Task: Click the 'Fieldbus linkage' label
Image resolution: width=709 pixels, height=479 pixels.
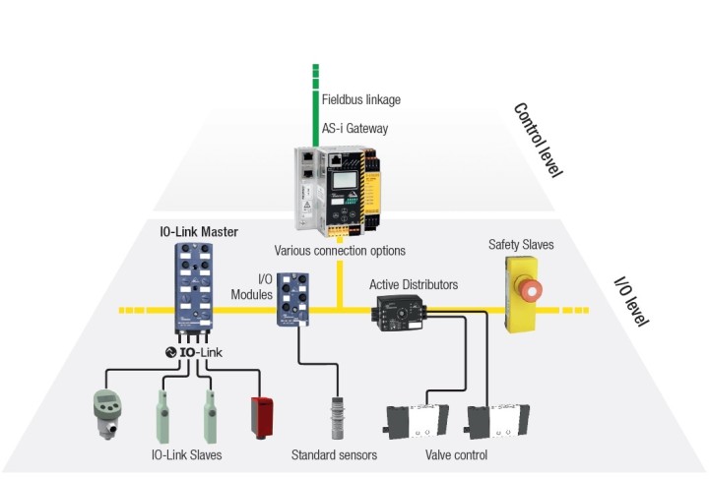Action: (361, 99)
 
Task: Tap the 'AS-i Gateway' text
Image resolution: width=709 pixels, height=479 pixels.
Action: (354, 128)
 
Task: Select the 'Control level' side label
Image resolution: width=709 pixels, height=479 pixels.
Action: (538, 140)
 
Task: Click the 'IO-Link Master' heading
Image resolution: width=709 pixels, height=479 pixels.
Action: (201, 232)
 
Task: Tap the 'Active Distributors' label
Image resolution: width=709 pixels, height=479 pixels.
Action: (414, 285)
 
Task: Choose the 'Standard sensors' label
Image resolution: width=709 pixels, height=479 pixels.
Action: (334, 454)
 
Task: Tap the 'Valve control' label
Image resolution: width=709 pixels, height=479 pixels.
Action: (457, 454)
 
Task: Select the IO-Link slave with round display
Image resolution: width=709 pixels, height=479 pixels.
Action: (105, 411)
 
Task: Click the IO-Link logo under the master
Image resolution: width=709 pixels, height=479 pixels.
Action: (202, 351)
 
